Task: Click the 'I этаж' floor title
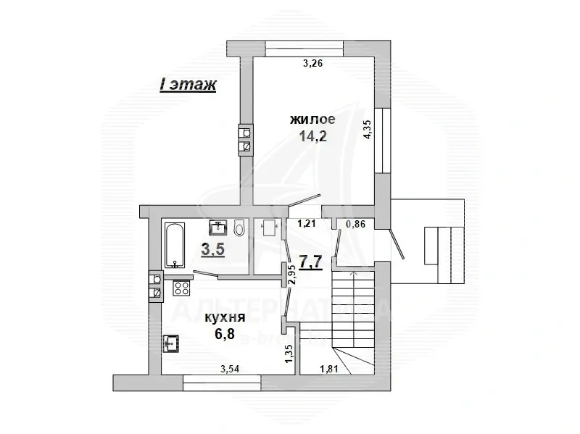188,85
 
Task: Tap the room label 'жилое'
312,119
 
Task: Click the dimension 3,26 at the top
312,64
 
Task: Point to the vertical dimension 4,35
368,133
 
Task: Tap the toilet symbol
240,229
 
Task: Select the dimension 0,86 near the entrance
355,224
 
